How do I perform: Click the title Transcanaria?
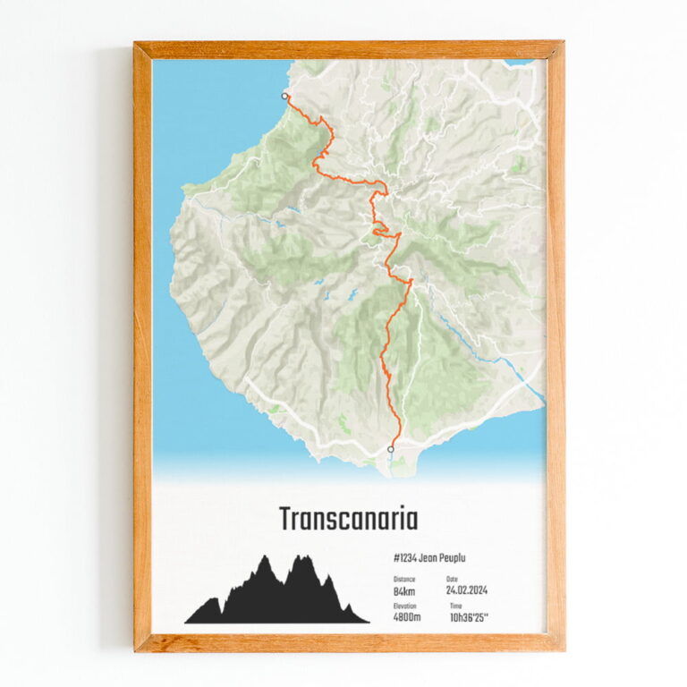coord(347,519)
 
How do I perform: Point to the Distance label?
coord(403,579)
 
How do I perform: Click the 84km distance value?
coord(404,590)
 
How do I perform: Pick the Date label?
coord(452,579)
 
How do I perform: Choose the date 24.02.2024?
coord(467,590)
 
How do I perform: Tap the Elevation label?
coord(404,606)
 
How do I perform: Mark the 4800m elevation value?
coord(407,617)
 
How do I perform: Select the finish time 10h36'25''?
coord(469,617)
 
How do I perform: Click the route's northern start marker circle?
coord(285,96)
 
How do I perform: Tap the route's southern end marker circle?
coord(390,448)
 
